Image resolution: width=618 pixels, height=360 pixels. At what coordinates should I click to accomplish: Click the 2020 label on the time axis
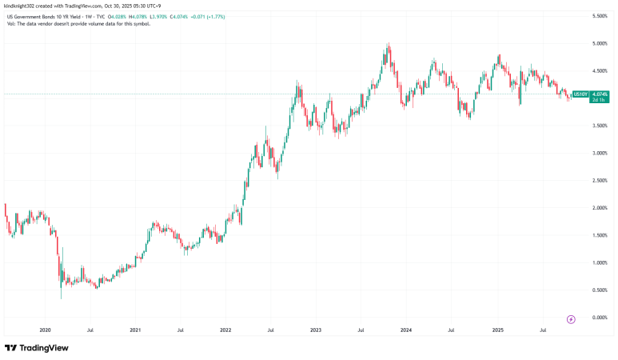[x=45, y=330]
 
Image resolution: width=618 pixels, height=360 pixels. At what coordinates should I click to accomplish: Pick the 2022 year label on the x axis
[x=225, y=330]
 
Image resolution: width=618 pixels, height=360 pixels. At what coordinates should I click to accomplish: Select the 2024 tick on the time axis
[x=406, y=330]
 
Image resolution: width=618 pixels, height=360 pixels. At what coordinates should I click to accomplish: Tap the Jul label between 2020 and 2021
[x=90, y=330]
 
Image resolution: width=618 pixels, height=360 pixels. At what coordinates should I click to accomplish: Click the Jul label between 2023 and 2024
[x=361, y=330]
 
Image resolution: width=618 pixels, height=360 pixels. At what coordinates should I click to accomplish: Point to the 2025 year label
[x=497, y=330]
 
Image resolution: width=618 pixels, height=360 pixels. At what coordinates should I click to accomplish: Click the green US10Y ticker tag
[x=580, y=94]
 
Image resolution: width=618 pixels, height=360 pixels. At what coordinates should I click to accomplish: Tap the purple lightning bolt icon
[x=571, y=319]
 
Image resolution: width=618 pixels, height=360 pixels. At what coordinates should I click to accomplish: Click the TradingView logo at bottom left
[x=36, y=348]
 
